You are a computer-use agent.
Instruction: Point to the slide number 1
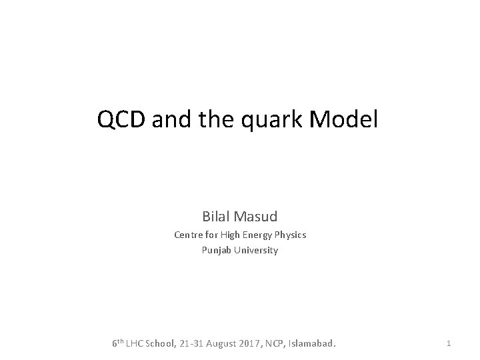[x=449, y=343]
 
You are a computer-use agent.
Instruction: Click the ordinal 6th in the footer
[x=117, y=343]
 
